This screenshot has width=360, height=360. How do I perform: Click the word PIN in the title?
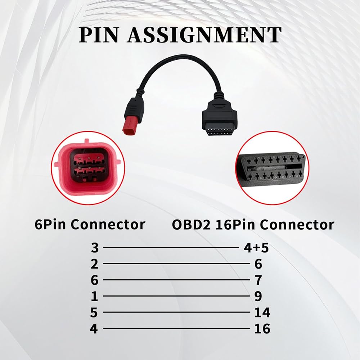point(99,35)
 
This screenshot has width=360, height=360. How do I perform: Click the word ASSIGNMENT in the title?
point(204,35)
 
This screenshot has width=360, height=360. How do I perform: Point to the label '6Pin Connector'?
point(90,224)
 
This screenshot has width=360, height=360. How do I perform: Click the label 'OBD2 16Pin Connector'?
point(253,224)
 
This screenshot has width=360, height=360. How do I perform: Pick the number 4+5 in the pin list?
point(256,248)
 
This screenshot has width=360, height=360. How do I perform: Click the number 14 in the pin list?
point(262,312)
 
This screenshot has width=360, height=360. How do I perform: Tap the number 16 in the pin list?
point(262,329)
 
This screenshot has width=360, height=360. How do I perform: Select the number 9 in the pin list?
point(258,296)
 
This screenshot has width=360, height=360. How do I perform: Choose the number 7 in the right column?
point(258,280)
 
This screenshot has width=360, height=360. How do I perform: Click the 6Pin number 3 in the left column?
point(95,248)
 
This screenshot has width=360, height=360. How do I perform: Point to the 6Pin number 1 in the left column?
point(94,296)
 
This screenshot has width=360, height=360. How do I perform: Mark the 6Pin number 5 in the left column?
point(94,312)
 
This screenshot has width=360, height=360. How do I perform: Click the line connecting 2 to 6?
point(176,264)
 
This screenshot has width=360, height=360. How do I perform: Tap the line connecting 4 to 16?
point(176,328)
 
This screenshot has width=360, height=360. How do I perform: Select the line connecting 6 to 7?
point(176,280)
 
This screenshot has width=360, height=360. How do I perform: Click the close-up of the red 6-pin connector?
point(88,168)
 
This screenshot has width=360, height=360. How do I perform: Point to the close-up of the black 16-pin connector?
point(272,168)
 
